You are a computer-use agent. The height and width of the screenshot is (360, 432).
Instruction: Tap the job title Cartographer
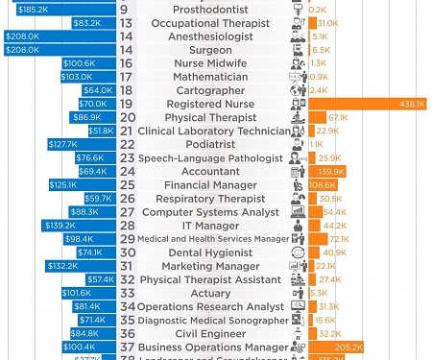pyautogui.click(x=205, y=90)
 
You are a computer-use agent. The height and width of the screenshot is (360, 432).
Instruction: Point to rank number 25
pyautogui.click(x=126, y=185)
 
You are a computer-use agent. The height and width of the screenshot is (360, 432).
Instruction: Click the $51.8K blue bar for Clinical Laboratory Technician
pyautogui.click(x=101, y=131)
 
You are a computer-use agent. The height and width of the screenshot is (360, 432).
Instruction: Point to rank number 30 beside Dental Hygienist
pyautogui.click(x=126, y=252)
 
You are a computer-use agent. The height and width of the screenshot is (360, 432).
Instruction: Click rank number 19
pyautogui.click(x=126, y=104)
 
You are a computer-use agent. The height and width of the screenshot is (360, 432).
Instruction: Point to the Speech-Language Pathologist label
pyautogui.click(x=210, y=158)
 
